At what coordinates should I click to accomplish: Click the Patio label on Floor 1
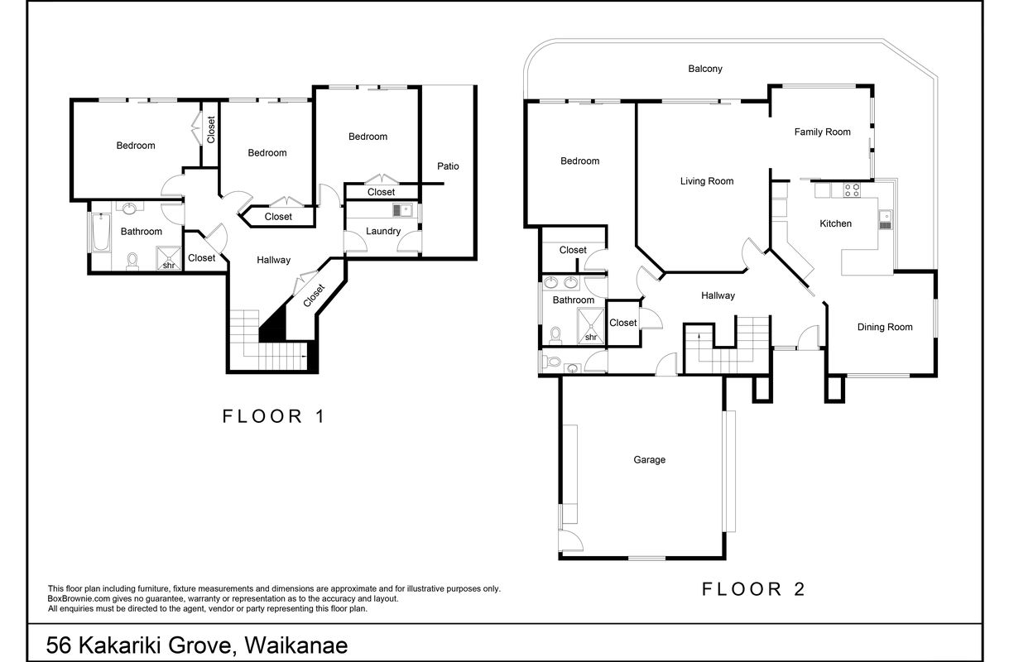pyautogui.click(x=448, y=166)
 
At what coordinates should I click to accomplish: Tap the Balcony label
pyautogui.click(x=705, y=69)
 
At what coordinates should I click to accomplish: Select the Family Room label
pyautogui.click(x=822, y=132)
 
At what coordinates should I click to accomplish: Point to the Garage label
pyautogui.click(x=649, y=460)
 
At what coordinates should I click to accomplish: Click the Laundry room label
pyautogui.click(x=383, y=231)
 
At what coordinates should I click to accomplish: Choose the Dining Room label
pyautogui.click(x=884, y=327)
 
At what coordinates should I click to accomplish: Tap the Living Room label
pyautogui.click(x=706, y=181)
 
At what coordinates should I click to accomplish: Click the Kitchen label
pyautogui.click(x=835, y=223)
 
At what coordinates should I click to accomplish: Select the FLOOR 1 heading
pyautogui.click(x=273, y=417)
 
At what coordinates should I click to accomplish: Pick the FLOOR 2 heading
pyautogui.click(x=753, y=589)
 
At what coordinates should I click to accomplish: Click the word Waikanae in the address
pyautogui.click(x=305, y=644)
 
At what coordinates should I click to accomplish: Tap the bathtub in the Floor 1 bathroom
pyautogui.click(x=101, y=234)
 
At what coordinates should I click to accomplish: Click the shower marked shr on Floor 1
pyautogui.click(x=168, y=260)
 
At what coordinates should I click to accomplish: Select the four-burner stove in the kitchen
pyautogui.click(x=851, y=190)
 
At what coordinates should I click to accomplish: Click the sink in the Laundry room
pyautogui.click(x=401, y=211)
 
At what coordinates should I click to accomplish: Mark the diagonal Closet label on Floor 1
pyautogui.click(x=315, y=295)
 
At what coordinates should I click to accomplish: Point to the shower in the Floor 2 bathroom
pyautogui.click(x=591, y=325)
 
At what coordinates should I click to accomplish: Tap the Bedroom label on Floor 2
pyautogui.click(x=579, y=161)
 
